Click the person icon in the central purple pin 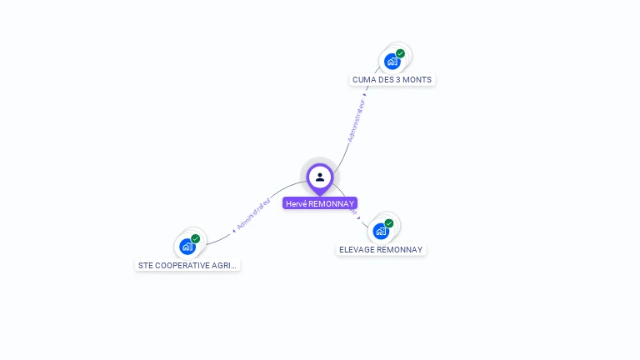pos(320,177)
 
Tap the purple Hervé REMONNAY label pos(320,203)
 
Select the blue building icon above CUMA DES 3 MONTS pos(392,62)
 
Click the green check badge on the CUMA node pos(400,53)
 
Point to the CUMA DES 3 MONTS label pos(392,80)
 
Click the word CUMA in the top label pos(362,80)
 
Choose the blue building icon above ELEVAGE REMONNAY pos(381,231)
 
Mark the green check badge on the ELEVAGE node pos(389,223)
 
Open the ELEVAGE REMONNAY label pos(381,250)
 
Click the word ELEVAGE pos(357,250)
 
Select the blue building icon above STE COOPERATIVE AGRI pos(187,247)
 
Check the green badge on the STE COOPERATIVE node pos(195,239)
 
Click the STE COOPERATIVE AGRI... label pos(187,266)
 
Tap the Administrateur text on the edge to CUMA pos(356,121)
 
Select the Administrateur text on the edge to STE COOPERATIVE pos(253,214)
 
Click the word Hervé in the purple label pos(296,203)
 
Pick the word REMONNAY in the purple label pos(332,203)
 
